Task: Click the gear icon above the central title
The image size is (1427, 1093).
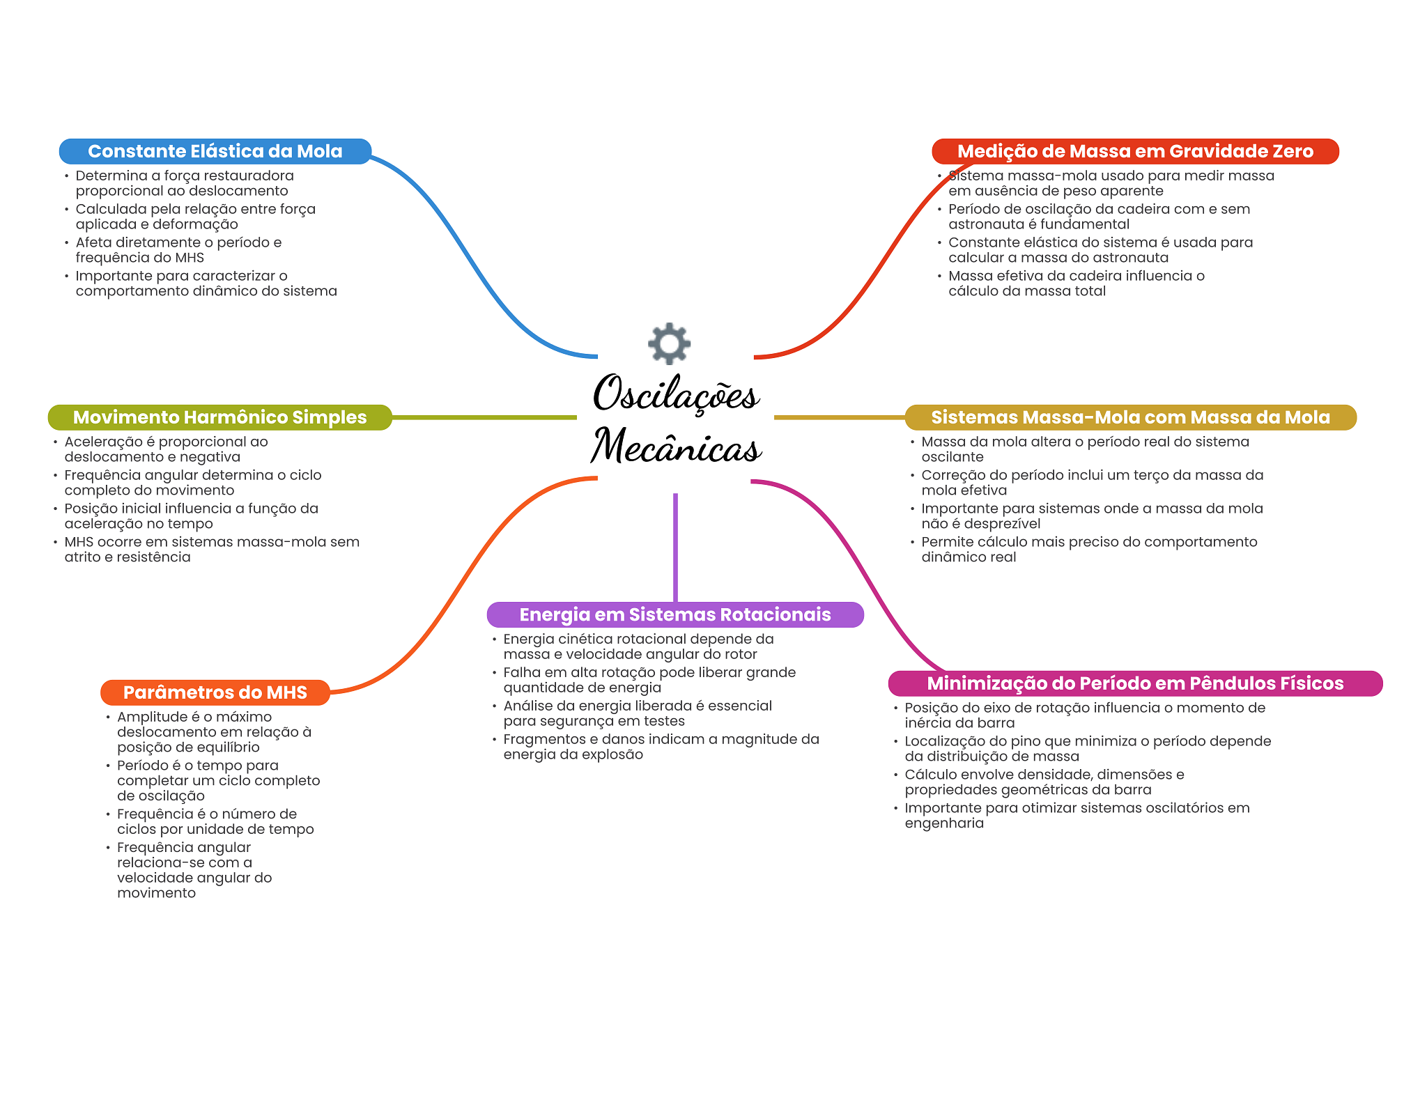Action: tap(669, 343)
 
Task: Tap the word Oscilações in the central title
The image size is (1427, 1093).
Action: tap(675, 394)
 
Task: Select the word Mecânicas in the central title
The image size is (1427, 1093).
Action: tap(676, 446)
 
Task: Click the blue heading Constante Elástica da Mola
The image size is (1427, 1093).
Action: tap(215, 151)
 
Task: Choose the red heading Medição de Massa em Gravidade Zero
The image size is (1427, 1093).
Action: tap(1135, 151)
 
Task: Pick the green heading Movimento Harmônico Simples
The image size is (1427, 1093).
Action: tap(219, 417)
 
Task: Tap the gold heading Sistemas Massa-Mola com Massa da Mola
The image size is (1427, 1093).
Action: tap(1130, 417)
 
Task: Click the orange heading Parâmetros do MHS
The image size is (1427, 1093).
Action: tap(215, 692)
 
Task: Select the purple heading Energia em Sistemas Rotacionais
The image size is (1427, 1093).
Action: tap(675, 614)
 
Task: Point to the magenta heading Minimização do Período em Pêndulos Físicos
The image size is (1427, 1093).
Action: tap(1135, 683)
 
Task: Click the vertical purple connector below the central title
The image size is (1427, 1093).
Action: tap(675, 548)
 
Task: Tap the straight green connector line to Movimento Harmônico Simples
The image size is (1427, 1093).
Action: tap(484, 417)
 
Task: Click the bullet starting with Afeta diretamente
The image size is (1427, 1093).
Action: tap(179, 250)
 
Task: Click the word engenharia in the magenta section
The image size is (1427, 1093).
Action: tap(944, 823)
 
